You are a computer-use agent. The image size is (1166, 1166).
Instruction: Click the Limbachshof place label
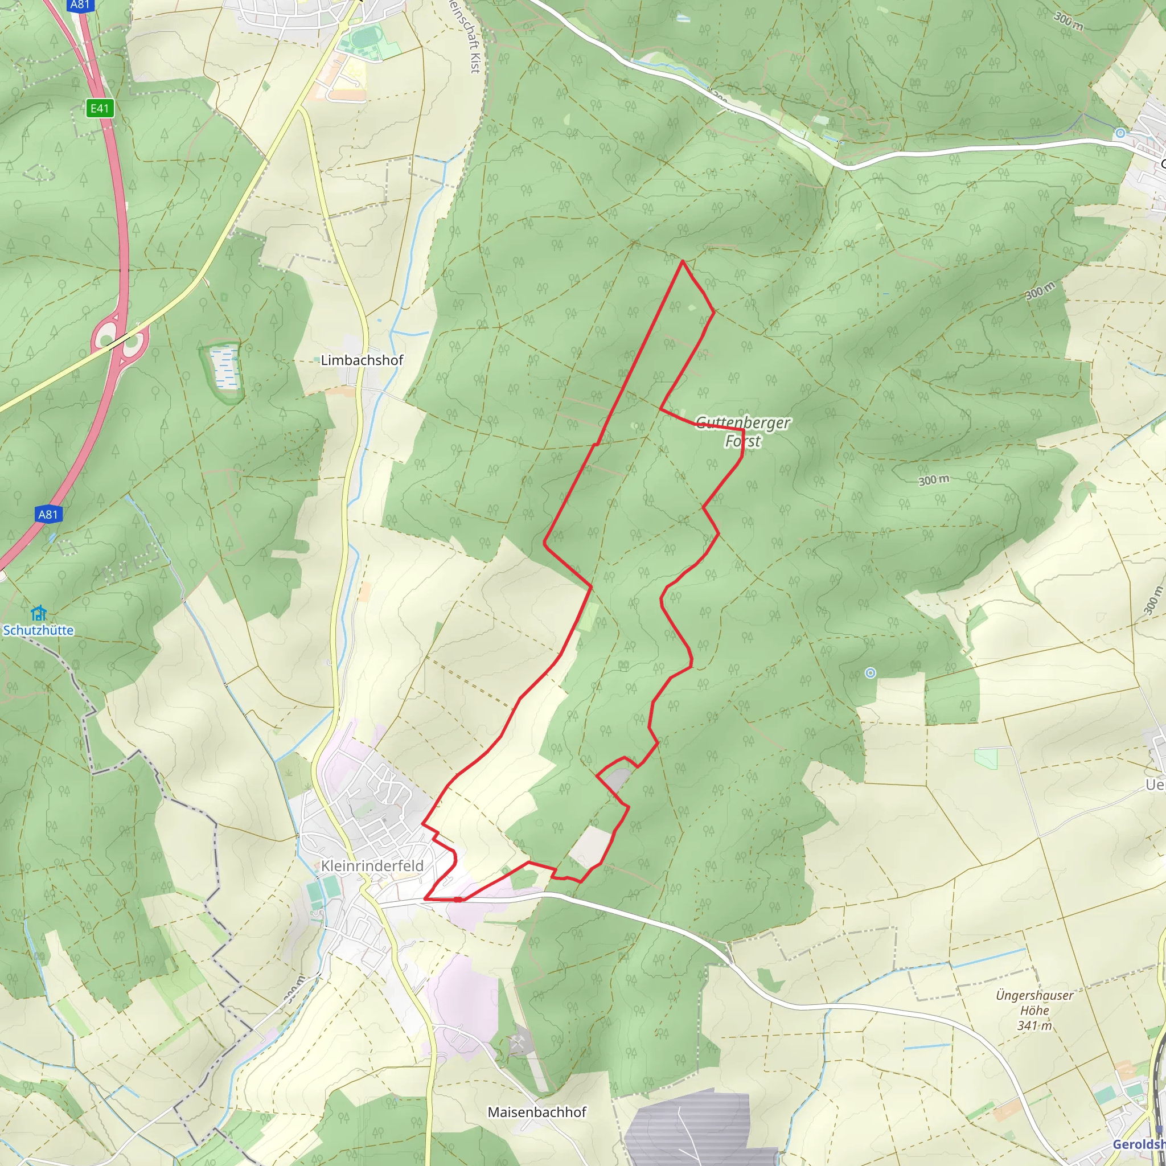(x=362, y=360)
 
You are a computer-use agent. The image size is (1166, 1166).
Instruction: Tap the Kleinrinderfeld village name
(x=372, y=865)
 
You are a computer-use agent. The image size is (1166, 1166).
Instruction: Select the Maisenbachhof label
(x=536, y=1112)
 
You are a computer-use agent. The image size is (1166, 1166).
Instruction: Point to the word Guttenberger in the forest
(x=742, y=422)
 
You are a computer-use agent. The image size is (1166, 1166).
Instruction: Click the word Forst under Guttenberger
(x=742, y=441)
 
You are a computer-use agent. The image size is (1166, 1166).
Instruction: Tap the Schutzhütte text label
(x=38, y=630)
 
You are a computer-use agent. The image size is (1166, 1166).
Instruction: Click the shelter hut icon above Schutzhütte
(x=38, y=613)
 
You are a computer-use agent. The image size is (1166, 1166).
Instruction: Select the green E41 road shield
(x=100, y=108)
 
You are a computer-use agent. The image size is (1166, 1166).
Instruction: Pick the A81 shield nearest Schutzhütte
(x=48, y=514)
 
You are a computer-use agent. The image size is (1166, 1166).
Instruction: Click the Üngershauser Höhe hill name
(x=1034, y=1003)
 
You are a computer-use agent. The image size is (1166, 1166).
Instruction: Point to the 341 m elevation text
(x=1034, y=1025)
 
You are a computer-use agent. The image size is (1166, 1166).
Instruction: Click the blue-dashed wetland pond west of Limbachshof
(x=223, y=368)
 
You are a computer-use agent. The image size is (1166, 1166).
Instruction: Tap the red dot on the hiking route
(x=458, y=899)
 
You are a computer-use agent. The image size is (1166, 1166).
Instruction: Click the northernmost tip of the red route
(x=683, y=261)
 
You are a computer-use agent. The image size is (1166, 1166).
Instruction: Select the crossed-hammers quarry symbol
(x=518, y=1042)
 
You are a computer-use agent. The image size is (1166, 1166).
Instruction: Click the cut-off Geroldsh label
(x=1139, y=1144)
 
